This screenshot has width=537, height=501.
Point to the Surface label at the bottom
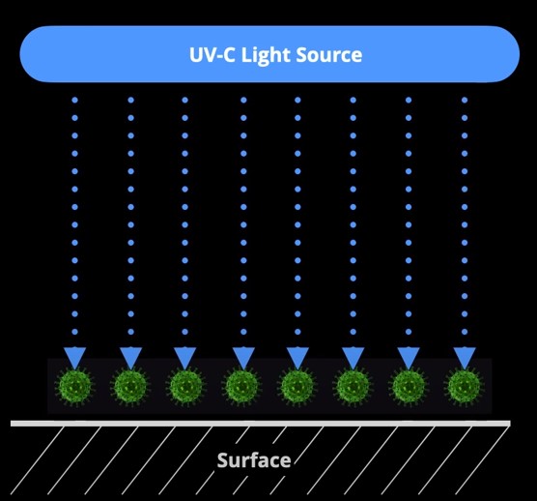pos(254,460)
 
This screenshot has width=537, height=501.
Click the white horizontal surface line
pos(261,423)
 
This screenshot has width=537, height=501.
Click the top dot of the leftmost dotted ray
pos(74,100)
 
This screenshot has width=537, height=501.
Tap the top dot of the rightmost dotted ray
pos(465,100)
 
